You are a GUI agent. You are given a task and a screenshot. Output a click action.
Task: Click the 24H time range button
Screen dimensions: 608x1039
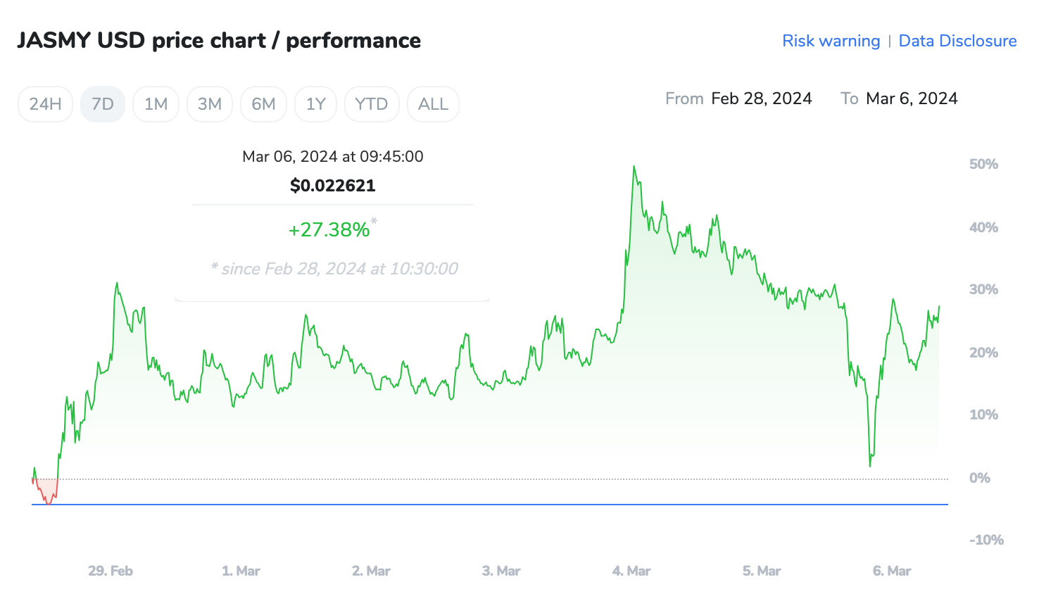pos(45,104)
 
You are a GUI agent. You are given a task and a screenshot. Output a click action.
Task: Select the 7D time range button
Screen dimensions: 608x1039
pos(103,104)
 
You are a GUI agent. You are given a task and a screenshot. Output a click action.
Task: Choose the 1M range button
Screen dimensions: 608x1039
pos(156,104)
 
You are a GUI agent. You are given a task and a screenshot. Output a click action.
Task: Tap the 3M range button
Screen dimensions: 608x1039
pos(210,104)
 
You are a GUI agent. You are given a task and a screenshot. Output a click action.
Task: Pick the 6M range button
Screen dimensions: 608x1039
pos(263,104)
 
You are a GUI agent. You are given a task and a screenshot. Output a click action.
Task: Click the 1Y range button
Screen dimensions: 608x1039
pos(316,104)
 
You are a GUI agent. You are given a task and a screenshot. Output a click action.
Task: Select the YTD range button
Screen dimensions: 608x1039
pos(372,104)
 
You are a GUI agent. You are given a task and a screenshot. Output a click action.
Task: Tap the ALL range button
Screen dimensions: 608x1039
pos(433,104)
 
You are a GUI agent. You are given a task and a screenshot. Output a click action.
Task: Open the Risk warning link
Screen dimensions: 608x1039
pos(831,41)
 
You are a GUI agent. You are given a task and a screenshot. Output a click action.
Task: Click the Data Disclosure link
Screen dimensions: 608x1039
pos(957,41)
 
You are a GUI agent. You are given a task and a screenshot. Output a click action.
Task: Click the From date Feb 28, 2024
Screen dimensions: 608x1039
pos(762,99)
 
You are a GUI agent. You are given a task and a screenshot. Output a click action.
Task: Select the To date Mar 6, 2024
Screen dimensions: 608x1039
pos(912,99)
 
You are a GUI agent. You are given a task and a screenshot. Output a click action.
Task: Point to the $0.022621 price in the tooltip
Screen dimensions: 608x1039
pos(333,186)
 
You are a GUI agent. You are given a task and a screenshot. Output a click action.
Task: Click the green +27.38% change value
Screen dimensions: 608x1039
pos(329,229)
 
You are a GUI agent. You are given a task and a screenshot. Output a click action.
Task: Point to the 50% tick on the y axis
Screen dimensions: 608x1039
pos(983,164)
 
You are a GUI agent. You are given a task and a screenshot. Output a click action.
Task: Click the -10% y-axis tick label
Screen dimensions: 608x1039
pos(986,540)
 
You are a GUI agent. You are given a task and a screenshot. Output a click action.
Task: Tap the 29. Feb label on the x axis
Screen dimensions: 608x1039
pos(111,571)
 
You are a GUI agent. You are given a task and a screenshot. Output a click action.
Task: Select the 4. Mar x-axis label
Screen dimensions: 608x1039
pos(631,571)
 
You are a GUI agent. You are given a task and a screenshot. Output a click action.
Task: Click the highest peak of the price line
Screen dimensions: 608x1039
pos(634,167)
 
